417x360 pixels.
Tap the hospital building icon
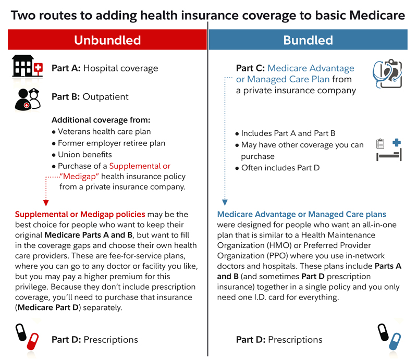pyautogui.click(x=27, y=67)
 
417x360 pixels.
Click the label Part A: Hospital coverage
pyautogui.click(x=104, y=68)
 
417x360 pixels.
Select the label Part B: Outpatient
pyautogui.click(x=90, y=97)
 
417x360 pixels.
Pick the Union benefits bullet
pyautogui.click(x=84, y=154)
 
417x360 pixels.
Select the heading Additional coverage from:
pyautogui.click(x=101, y=120)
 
